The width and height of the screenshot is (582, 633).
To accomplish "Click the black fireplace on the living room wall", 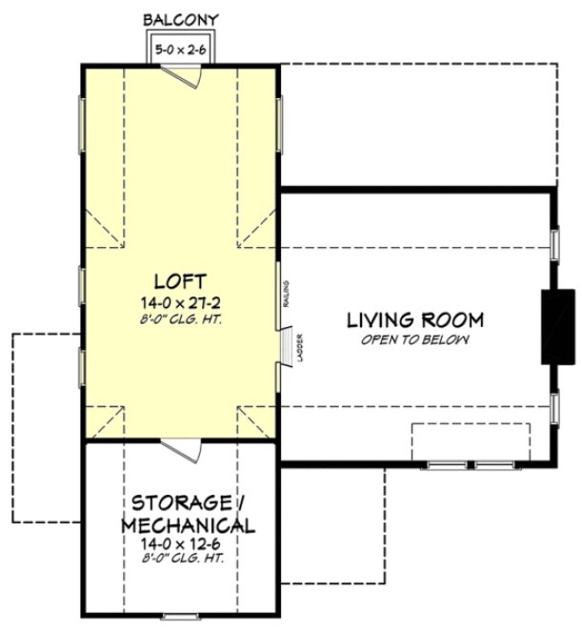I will [x=557, y=326].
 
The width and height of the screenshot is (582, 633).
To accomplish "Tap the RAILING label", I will [x=285, y=294].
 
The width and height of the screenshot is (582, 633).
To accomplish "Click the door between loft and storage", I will [x=179, y=447].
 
